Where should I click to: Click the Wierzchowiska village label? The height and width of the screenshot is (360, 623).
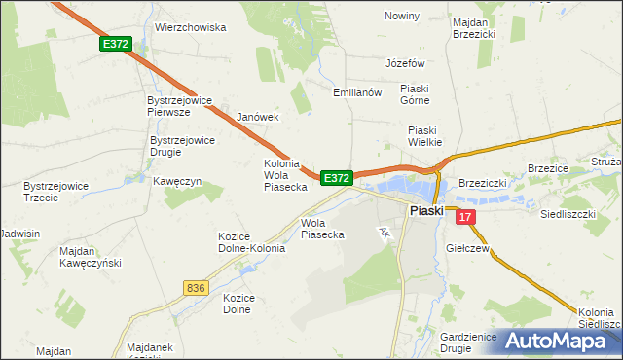191,28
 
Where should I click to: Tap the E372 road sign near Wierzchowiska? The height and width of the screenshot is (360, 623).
114,44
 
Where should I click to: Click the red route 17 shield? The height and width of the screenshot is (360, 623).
466,218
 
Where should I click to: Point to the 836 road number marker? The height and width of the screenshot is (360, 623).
195,287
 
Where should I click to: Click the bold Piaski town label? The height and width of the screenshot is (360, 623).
426,210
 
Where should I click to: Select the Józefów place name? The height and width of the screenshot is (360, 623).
406,63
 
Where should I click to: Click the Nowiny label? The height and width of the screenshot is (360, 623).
402,17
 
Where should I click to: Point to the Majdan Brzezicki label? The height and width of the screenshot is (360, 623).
474,26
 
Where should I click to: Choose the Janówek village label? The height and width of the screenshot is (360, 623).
258,117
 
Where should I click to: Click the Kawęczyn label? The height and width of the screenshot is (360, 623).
176,181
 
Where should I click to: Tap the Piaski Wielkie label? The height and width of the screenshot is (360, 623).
425,136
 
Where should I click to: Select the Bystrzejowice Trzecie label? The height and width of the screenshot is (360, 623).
56,191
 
